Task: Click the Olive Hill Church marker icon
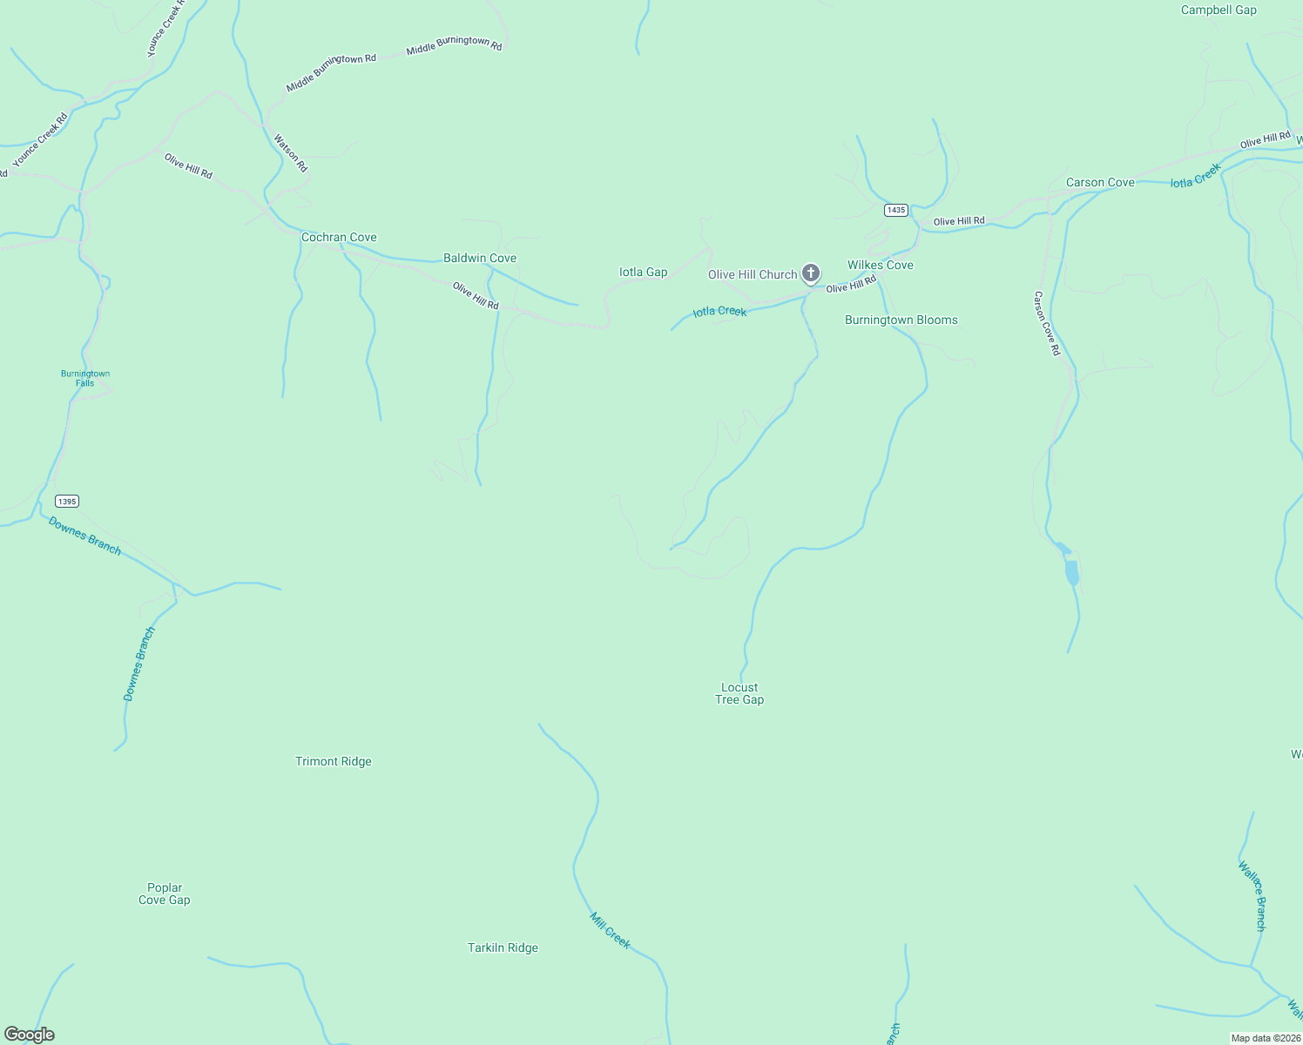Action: pos(811,273)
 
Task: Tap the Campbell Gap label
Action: pos(1219,10)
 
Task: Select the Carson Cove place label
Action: pos(1100,183)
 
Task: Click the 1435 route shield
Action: pos(895,210)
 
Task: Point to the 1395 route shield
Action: pos(66,501)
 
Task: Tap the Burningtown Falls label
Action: pos(85,378)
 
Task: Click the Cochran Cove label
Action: pos(339,238)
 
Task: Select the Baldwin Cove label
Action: pos(480,259)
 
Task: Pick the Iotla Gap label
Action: pos(643,273)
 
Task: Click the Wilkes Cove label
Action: pos(880,266)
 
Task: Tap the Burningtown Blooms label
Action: pos(901,320)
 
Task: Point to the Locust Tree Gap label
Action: pos(739,693)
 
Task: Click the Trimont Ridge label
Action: pos(334,762)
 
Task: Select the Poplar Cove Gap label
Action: pos(165,894)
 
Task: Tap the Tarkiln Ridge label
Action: pos(503,948)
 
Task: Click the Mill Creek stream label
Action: pos(610,930)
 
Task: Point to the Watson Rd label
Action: pos(291,152)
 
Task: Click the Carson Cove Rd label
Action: pos(1046,323)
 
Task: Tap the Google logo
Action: pos(30,1035)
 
